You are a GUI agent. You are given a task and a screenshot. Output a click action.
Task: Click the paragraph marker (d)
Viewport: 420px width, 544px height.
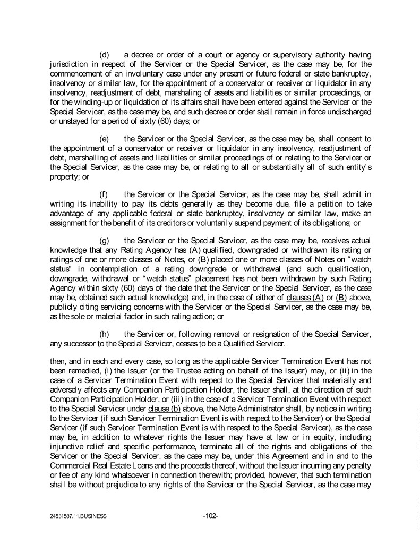(x=105, y=55)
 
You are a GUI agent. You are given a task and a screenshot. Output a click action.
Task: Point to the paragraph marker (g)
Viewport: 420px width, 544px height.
(x=105, y=240)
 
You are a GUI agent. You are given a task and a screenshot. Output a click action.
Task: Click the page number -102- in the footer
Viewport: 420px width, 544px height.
(x=210, y=515)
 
